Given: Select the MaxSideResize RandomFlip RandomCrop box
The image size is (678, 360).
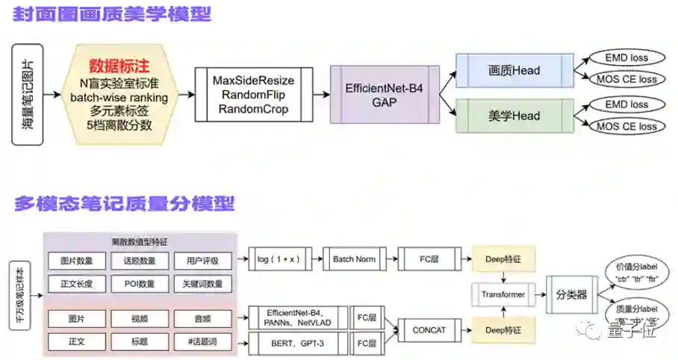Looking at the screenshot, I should [254, 95].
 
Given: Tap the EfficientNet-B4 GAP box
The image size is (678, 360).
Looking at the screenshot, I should [385, 95].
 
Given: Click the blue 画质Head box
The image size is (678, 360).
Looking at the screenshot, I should [514, 71].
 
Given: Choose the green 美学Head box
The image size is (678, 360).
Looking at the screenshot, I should [514, 116].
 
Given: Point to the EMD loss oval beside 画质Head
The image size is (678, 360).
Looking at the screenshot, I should [626, 58].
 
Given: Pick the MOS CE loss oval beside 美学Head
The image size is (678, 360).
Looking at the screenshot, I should [626, 125].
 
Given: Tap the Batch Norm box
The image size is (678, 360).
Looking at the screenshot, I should [353, 258].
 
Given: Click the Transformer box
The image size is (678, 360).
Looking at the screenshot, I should [503, 294].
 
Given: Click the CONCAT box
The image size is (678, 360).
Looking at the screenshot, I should [429, 329].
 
